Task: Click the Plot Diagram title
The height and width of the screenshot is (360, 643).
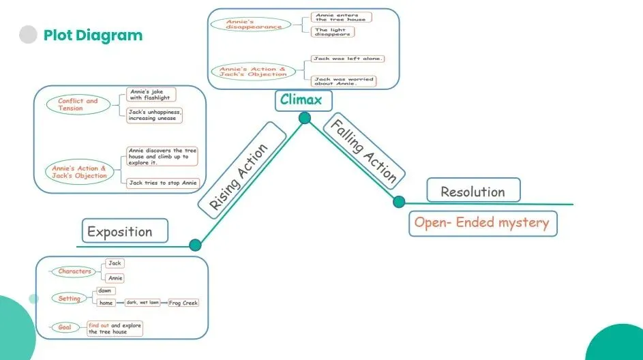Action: pos(93,35)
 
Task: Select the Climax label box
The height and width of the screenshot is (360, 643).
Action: pos(303,100)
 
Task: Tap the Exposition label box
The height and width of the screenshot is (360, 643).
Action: pos(125,231)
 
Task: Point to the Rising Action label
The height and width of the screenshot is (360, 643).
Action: pos(242,170)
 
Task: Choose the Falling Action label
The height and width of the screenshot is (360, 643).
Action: pos(364,151)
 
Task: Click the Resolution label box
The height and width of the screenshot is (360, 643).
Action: pos(474,190)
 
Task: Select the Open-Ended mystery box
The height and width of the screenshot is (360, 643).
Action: pos(483,224)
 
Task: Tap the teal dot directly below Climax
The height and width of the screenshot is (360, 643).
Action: pos(305,118)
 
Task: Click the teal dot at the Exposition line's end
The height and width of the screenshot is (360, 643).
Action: pos(195,245)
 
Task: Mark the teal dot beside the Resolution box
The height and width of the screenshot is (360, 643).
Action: pos(399,202)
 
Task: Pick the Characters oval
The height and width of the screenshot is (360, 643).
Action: pos(74,271)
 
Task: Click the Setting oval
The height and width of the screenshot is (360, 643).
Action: pos(70,299)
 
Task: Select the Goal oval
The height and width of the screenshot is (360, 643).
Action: pos(65,327)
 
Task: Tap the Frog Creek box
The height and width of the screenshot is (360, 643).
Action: pos(183,303)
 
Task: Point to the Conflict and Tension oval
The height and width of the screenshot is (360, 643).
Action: pos(78,104)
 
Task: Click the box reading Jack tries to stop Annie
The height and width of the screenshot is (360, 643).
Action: pos(163,183)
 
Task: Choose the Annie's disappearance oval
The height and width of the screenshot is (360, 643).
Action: pos(251,24)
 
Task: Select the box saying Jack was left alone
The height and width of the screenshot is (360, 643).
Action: pos(347,59)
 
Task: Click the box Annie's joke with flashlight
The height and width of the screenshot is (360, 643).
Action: pos(151,95)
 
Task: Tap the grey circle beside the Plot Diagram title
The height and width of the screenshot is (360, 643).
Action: pos(28,35)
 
